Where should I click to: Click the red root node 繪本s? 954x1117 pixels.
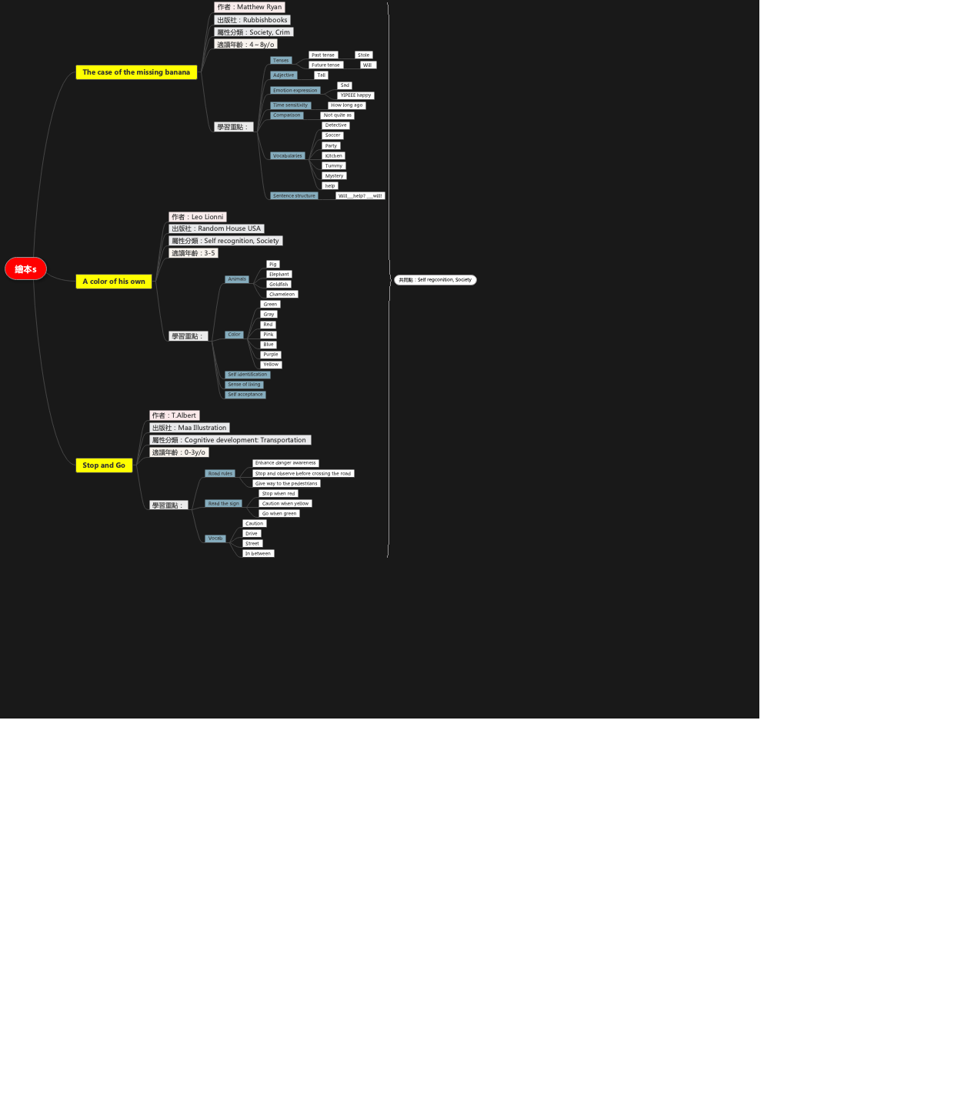point(25,269)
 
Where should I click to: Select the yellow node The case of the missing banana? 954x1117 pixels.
point(136,72)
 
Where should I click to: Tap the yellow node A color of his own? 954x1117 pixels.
point(114,282)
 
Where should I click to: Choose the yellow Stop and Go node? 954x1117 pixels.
point(104,465)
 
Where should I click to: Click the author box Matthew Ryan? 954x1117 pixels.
point(249,7)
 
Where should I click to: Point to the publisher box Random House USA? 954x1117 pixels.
point(216,228)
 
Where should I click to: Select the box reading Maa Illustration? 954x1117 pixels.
point(189,428)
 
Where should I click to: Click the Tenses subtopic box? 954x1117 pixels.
point(281,61)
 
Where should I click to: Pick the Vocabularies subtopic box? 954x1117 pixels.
point(288,156)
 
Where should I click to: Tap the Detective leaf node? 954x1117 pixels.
point(335,125)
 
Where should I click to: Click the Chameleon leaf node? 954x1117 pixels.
point(282,295)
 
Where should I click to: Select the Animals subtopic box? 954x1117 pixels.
point(237,279)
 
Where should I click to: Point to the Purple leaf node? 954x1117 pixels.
point(271,355)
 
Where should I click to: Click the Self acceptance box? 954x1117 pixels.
point(245,395)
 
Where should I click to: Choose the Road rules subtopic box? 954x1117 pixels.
point(220,474)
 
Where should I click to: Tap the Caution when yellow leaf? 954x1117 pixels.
point(285,504)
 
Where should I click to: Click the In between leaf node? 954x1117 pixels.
point(258,554)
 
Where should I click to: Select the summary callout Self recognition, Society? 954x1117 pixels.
point(435,280)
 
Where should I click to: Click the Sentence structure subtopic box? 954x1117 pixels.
point(294,196)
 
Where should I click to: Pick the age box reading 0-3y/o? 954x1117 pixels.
point(178,452)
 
